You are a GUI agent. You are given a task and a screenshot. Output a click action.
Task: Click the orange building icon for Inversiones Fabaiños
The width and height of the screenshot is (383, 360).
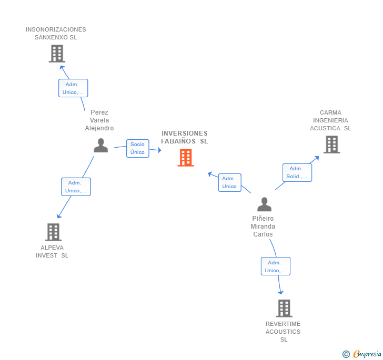pyautogui.click(x=186, y=157)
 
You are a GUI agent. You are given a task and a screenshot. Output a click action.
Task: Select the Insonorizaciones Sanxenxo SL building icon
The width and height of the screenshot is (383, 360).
pyautogui.click(x=56, y=53)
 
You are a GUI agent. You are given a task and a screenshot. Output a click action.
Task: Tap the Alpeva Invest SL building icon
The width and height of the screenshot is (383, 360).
pyautogui.click(x=53, y=232)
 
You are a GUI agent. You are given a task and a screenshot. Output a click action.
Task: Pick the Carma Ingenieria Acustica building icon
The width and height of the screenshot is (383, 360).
pyautogui.click(x=331, y=144)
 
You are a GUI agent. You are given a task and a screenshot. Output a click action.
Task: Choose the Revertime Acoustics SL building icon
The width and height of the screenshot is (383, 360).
pyautogui.click(x=284, y=308)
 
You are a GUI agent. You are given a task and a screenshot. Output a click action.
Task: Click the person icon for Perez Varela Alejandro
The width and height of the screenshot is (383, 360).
pyautogui.click(x=100, y=146)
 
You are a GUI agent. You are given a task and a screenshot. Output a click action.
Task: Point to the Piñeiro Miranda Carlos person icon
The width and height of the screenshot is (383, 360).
pyautogui.click(x=264, y=204)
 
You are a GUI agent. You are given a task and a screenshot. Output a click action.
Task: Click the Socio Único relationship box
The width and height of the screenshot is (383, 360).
pyautogui.click(x=137, y=148)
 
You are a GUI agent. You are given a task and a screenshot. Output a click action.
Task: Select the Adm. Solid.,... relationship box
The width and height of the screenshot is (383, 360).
pyautogui.click(x=297, y=172)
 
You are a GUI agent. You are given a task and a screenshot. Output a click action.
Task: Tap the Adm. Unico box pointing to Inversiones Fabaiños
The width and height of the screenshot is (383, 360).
pyautogui.click(x=229, y=182)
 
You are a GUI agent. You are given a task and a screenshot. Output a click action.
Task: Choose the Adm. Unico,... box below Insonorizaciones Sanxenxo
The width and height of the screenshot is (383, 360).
pyautogui.click(x=73, y=88)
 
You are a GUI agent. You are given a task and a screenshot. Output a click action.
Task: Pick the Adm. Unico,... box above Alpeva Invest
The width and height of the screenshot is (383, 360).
pyautogui.click(x=76, y=187)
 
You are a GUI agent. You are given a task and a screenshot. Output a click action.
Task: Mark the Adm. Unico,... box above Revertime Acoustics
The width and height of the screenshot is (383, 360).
pyautogui.click(x=276, y=266)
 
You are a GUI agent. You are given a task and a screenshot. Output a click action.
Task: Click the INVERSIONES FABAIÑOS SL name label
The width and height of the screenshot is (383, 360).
pyautogui.click(x=184, y=137)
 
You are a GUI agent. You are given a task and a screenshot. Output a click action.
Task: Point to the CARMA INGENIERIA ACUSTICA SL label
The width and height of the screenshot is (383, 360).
pyautogui.click(x=330, y=120)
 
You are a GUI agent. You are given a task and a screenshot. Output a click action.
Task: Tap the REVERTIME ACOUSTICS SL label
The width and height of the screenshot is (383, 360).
pyautogui.click(x=283, y=332)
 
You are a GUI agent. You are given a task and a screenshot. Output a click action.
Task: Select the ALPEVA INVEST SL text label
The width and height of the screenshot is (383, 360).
pyautogui.click(x=52, y=252)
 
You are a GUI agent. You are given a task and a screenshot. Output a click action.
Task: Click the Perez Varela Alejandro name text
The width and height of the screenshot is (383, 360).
pyautogui.click(x=99, y=120)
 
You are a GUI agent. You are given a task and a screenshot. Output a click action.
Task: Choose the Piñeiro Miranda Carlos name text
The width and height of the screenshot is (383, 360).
pyautogui.click(x=263, y=227)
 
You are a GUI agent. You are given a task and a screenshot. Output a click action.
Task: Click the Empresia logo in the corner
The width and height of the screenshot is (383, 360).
pyautogui.click(x=362, y=354)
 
